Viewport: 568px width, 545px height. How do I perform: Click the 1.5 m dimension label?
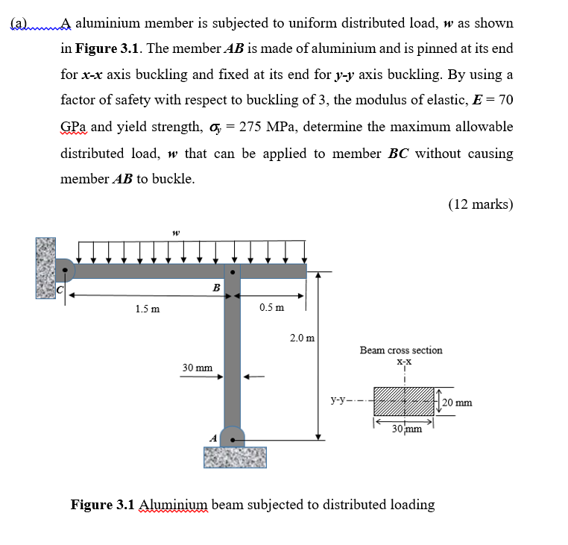coord(146,309)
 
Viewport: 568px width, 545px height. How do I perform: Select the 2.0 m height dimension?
coord(301,338)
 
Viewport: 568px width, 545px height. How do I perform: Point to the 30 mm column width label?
coord(198,368)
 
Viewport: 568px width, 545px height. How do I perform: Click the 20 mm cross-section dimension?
coord(456,403)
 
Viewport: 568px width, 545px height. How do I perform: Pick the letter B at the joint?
coord(216,287)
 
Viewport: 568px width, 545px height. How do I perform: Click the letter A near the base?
coord(212,438)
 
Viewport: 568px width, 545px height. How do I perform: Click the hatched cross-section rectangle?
coord(403,403)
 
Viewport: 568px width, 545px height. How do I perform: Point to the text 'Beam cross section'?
coord(400,350)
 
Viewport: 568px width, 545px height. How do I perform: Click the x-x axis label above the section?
coord(404,362)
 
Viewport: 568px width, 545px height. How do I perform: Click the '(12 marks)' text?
coord(481,204)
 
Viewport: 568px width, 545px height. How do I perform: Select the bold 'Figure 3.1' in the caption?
coord(103,505)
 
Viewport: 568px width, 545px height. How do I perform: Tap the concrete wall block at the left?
coord(45,268)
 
